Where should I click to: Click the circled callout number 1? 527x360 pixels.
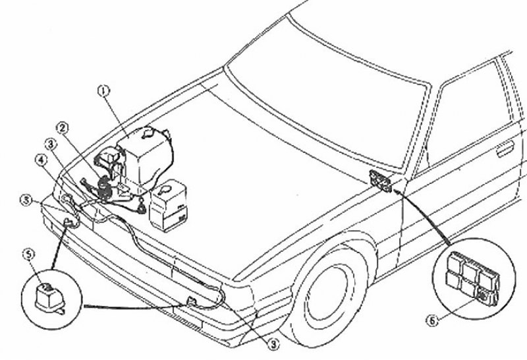[104, 90]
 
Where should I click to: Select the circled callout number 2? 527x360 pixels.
[63, 128]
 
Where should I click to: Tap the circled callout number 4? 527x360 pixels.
[41, 160]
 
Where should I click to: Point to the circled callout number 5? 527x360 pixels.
[28, 255]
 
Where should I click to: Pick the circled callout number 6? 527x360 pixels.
[433, 320]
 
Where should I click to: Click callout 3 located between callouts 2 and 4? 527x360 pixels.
[51, 144]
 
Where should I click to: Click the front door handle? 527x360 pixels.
[505, 149]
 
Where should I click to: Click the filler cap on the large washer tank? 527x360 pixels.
[147, 133]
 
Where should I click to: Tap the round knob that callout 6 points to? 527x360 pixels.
[482, 297]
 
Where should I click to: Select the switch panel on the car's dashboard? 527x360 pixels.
[380, 181]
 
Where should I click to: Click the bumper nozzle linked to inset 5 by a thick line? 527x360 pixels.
[70, 222]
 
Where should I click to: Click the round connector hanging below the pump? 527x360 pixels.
[142, 208]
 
